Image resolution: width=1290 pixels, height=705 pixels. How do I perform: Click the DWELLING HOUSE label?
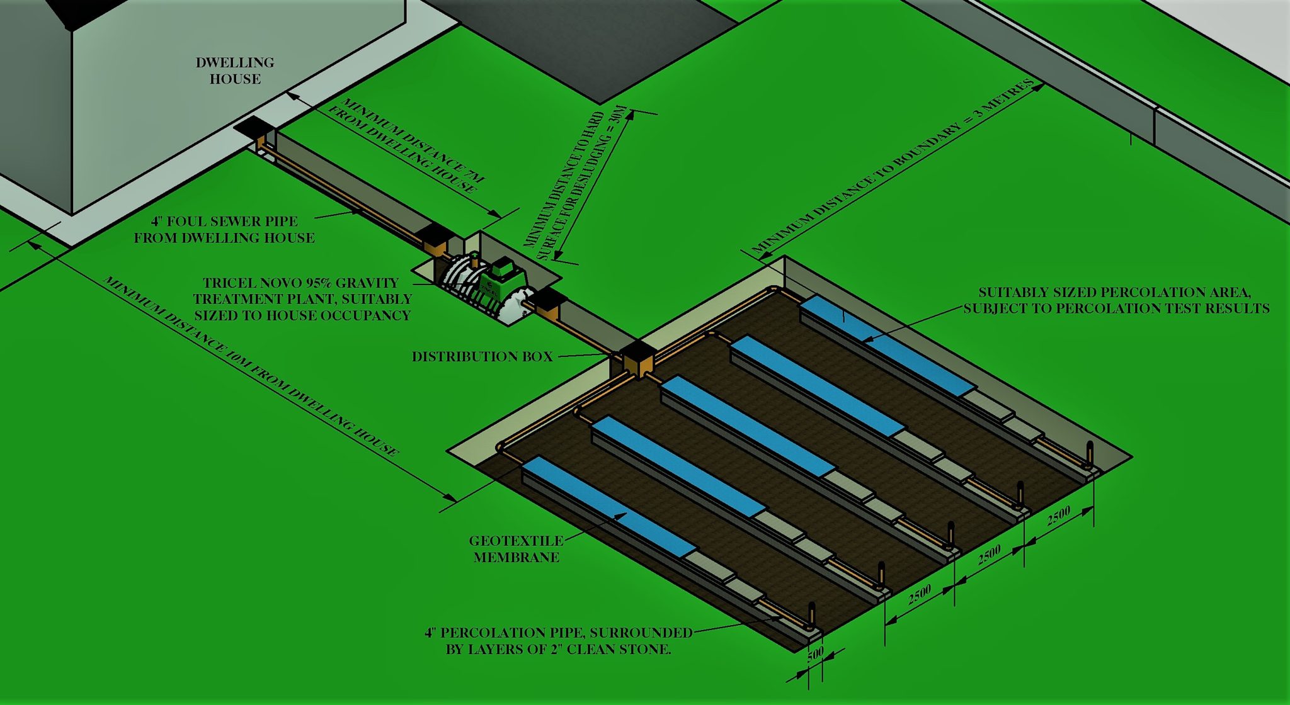pos(234,70)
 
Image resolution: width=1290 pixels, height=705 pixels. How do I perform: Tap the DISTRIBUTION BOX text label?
pos(482,356)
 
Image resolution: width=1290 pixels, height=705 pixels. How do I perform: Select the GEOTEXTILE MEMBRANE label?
pos(516,549)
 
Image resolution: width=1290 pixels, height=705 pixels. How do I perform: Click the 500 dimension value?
pos(815,654)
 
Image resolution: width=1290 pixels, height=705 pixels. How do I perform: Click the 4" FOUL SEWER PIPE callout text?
pos(224,229)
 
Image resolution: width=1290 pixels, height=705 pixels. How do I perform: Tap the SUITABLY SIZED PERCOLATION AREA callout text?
pos(1115,300)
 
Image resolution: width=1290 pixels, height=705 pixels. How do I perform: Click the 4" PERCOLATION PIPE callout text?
pos(558,641)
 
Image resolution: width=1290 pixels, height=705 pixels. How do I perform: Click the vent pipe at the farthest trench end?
pos(1090,453)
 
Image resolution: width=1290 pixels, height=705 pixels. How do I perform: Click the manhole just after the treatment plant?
pos(548,305)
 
